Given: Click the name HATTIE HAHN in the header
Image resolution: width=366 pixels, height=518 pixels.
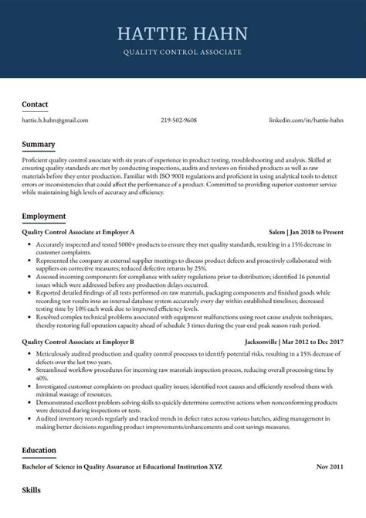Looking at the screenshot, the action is (x=182, y=33).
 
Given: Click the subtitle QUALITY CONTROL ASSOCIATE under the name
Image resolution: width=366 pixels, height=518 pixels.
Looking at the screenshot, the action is (x=182, y=52).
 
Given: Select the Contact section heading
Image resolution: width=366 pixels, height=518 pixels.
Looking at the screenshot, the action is (x=35, y=104).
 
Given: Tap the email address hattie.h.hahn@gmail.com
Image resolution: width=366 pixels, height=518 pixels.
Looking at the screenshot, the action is (x=55, y=121).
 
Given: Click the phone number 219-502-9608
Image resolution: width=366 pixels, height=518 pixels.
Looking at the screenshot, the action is (x=178, y=121).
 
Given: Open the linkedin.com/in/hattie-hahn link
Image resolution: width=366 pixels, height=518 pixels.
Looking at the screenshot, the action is (x=306, y=121).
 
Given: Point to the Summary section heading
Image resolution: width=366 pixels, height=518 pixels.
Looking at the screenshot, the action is (x=39, y=145).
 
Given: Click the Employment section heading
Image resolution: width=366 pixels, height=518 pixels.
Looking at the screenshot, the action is (x=44, y=216).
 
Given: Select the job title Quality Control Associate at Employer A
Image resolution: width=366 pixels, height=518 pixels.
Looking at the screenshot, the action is (x=79, y=231).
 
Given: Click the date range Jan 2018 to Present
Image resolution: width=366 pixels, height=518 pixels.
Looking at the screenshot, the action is (x=317, y=231).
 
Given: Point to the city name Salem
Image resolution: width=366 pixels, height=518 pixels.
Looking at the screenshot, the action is (x=276, y=231).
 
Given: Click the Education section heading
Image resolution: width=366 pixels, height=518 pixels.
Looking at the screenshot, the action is (x=39, y=450).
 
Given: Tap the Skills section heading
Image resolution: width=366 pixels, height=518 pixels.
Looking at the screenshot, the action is (x=32, y=490).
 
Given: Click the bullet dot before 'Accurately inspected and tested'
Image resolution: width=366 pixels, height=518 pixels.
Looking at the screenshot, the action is (x=29, y=244).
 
